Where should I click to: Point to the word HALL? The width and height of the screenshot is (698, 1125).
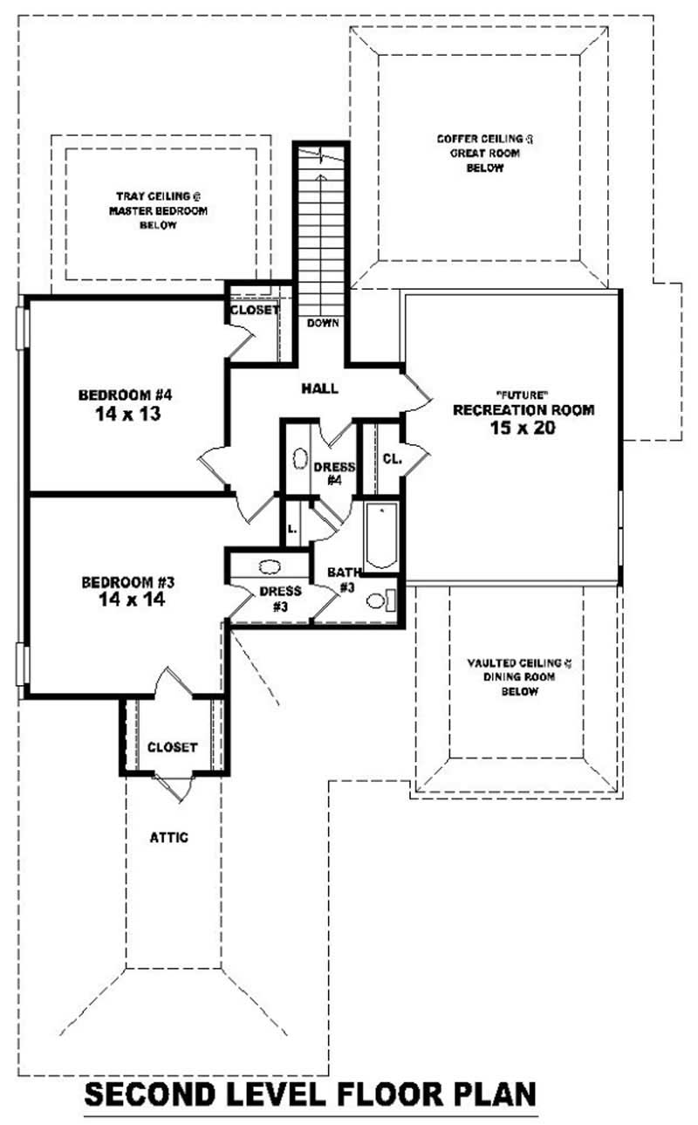tap(319, 388)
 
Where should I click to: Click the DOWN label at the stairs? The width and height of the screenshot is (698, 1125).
tap(322, 323)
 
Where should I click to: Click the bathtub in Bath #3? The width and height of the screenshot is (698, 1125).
tap(380, 537)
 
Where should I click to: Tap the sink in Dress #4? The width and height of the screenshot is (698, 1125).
tap(298, 458)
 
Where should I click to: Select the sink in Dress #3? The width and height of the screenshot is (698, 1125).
tap(270, 565)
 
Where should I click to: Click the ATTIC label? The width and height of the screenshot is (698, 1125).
tap(168, 837)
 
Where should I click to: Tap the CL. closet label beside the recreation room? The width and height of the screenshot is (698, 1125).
tap(392, 459)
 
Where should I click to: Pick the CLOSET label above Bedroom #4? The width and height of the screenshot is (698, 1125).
tap(255, 310)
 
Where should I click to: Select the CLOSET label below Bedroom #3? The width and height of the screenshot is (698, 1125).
tap(172, 747)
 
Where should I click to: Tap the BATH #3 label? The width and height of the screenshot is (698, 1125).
tap(344, 580)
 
